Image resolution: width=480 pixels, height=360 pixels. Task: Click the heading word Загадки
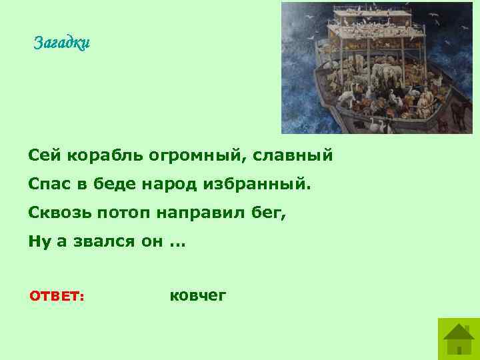click(61, 43)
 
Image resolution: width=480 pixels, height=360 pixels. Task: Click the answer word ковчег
click(198, 295)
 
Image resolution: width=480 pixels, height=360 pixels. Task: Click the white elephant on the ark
click(347, 95)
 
